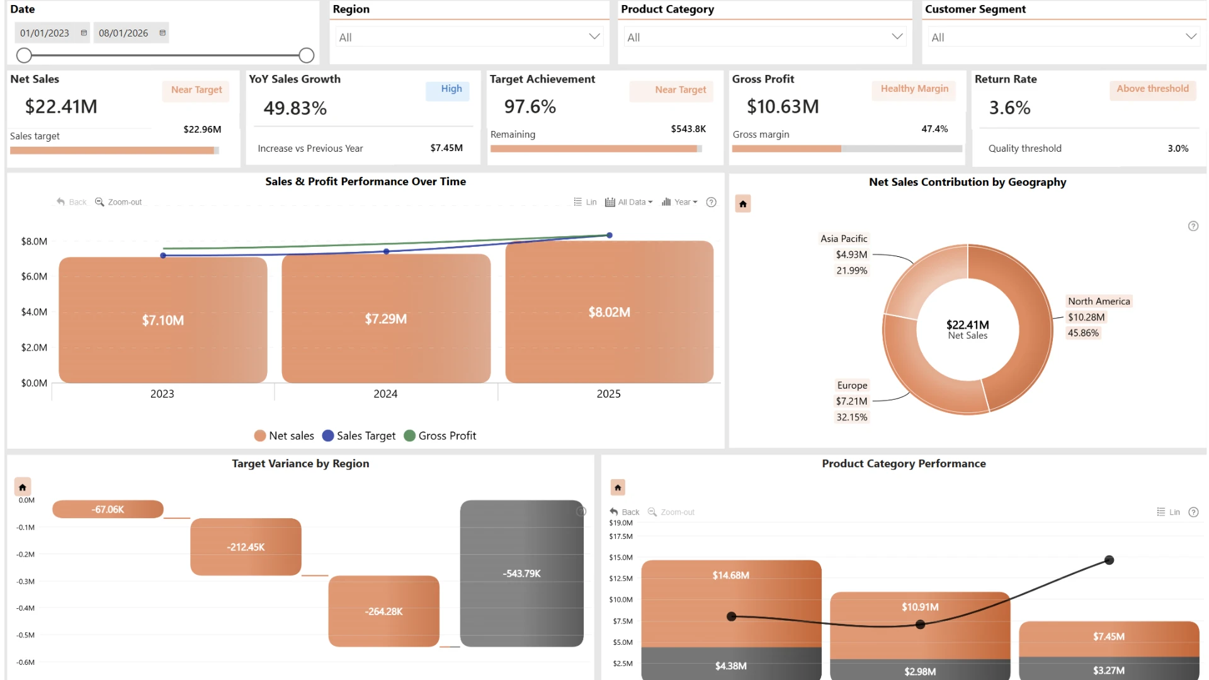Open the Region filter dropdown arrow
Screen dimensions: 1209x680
pos(594,37)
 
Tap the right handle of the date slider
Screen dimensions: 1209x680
pos(307,55)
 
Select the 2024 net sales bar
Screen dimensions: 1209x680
pos(386,319)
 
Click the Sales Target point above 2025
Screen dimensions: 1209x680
pos(610,235)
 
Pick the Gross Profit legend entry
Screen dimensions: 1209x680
pos(440,436)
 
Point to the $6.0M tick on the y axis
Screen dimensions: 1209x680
pos(34,276)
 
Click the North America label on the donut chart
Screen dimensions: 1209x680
pos(1099,301)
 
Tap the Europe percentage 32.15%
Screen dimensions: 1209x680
pos(851,417)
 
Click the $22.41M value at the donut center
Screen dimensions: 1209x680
pos(968,324)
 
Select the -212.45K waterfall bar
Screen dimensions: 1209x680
pos(246,547)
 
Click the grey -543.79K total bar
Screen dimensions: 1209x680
pos(522,574)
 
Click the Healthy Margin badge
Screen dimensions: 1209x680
pos(914,89)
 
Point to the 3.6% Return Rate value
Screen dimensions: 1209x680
pos(1009,108)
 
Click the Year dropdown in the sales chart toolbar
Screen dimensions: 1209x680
pos(679,202)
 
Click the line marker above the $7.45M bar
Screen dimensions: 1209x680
pos(1110,560)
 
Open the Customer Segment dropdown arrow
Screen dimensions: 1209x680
pos(1191,37)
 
